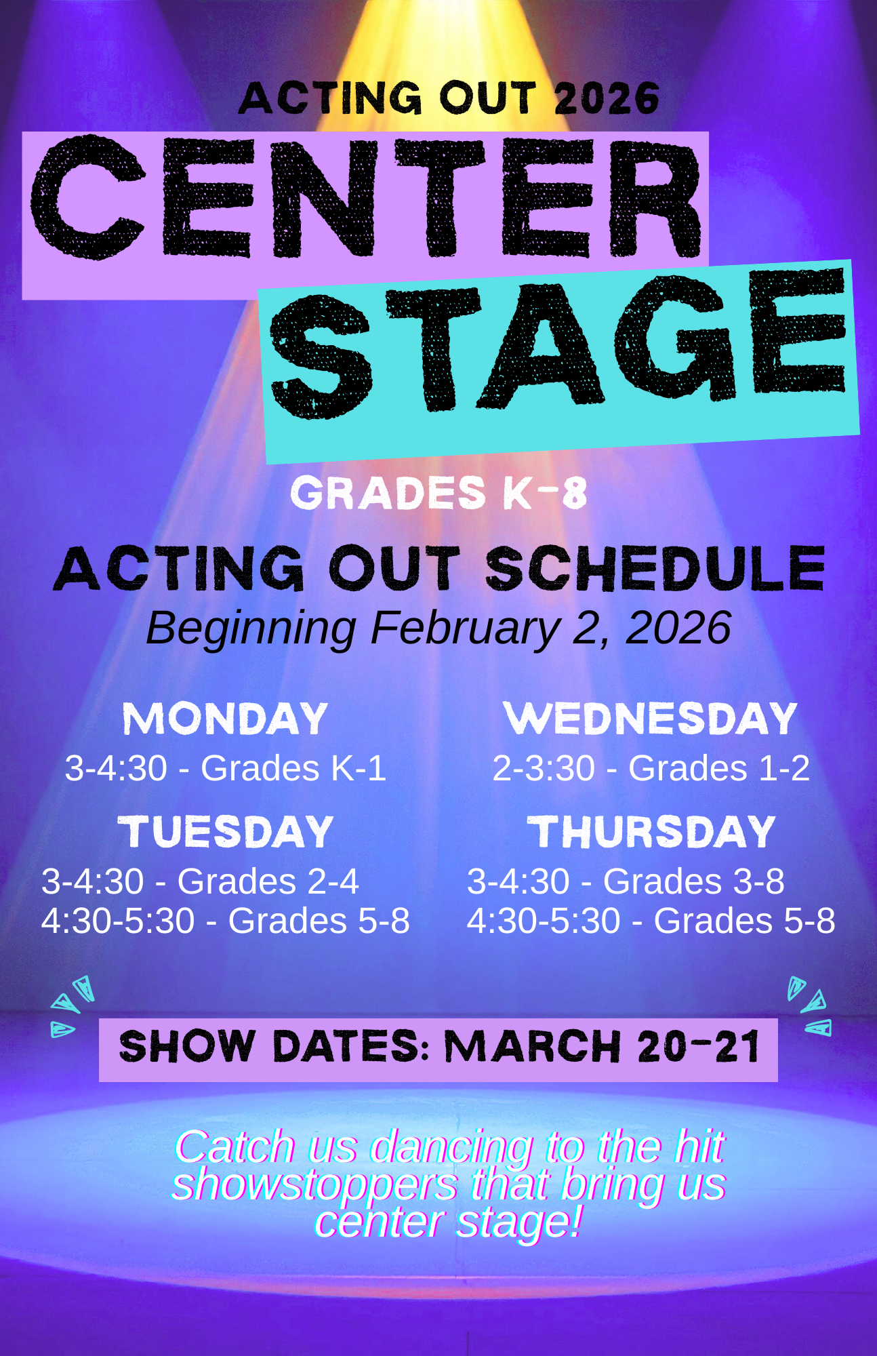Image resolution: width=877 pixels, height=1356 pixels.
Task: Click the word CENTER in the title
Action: [x=366, y=197]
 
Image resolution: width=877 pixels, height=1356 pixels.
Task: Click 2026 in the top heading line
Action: [x=607, y=98]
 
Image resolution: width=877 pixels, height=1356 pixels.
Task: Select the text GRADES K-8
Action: [x=438, y=493]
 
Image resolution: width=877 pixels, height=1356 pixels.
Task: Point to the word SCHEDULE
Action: [x=655, y=568]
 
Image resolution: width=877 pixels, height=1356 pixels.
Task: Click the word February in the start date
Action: [x=465, y=629]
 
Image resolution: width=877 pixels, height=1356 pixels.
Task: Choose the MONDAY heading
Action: [x=225, y=719]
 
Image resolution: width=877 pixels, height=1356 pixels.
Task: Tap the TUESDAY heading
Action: [x=226, y=832]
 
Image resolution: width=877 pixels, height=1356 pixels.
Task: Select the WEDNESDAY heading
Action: [x=651, y=719]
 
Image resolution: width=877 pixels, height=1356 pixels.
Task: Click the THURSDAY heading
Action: [x=651, y=832]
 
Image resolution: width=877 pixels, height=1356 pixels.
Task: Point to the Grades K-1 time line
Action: [x=226, y=769]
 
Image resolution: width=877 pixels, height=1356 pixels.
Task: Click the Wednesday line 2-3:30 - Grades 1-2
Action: [x=651, y=769]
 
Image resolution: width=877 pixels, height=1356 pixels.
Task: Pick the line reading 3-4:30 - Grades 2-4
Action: [x=200, y=882]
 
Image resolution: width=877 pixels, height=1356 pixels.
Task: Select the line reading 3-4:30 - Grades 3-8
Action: [x=626, y=882]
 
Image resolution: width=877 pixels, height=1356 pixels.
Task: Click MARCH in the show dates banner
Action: [x=533, y=1047]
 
